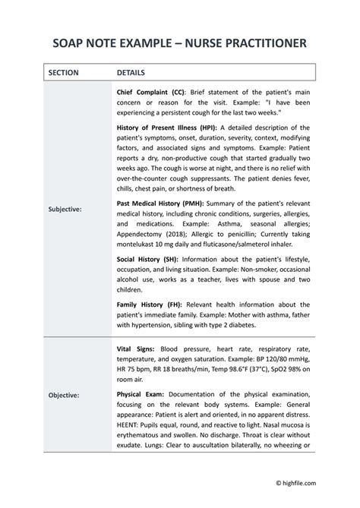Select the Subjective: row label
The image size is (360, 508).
(x=65, y=208)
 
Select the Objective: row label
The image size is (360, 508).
(x=65, y=396)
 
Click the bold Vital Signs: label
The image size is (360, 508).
(x=136, y=347)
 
